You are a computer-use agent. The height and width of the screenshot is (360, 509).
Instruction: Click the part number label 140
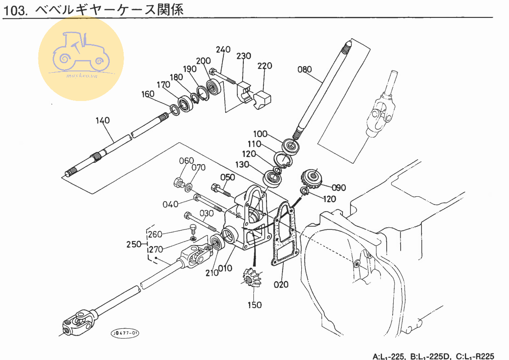[x=103, y=120]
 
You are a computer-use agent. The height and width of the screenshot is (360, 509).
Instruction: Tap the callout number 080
[x=305, y=70]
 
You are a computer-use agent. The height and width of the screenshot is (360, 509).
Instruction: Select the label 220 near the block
[x=264, y=66]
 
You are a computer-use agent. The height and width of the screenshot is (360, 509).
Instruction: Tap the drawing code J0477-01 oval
[x=125, y=333]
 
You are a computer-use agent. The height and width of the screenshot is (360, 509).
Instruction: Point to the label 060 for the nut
[x=186, y=161]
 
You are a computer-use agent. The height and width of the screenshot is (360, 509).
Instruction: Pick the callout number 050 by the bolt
[x=227, y=177]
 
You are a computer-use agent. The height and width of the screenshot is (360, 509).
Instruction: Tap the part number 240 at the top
[x=223, y=50]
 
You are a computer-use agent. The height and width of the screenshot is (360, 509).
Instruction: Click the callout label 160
[x=148, y=94]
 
